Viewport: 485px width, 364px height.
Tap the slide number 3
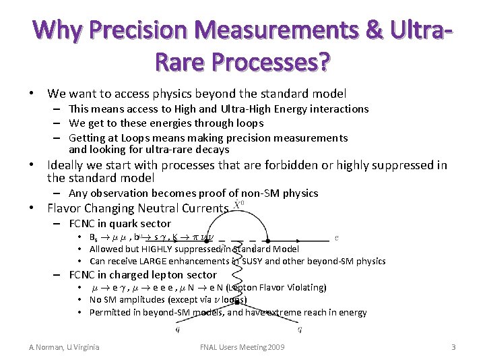[x=454, y=347]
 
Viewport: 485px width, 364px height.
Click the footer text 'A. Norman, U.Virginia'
[x=64, y=347]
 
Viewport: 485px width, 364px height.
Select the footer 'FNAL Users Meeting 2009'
[x=243, y=347]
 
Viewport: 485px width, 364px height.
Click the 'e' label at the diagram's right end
[x=337, y=237]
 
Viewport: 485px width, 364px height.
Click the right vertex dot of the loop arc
[x=268, y=239]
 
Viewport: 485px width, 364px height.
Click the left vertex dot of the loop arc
[x=209, y=239]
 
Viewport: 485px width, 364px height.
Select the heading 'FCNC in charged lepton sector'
[x=143, y=274]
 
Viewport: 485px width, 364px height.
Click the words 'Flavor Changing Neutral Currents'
[x=138, y=208]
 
